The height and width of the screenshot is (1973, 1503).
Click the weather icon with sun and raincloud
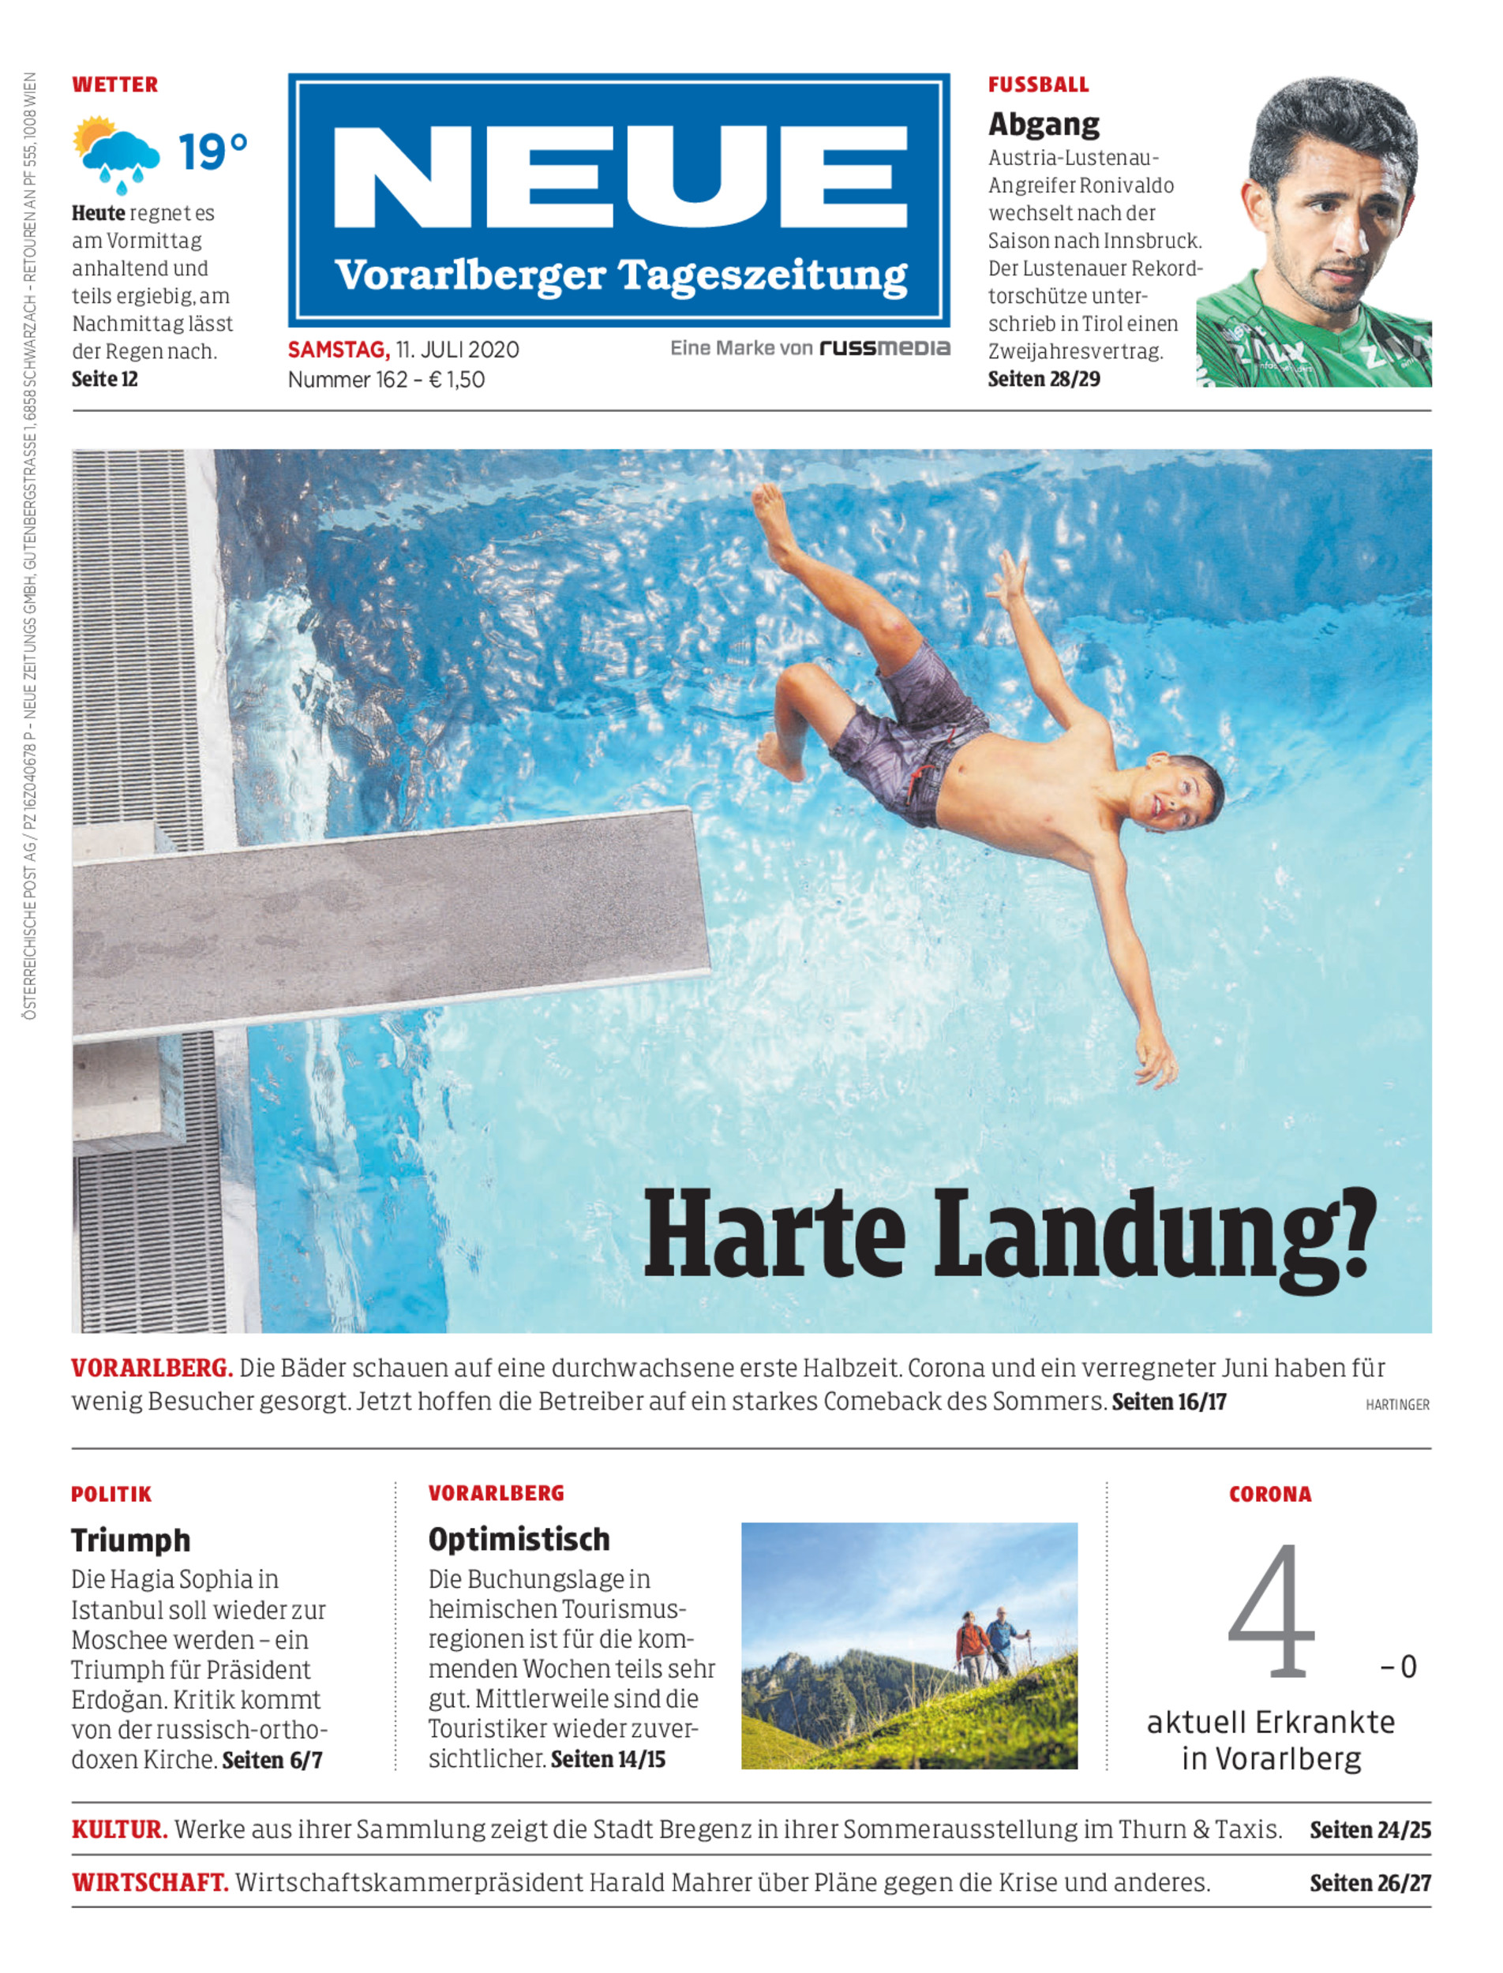point(116,154)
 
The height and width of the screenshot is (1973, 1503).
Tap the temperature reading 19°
point(212,152)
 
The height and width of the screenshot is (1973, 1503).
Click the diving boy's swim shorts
point(908,733)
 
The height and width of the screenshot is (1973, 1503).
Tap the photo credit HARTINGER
point(1396,1405)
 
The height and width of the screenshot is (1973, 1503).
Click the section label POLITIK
point(112,1494)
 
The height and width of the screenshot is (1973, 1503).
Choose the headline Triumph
point(130,1540)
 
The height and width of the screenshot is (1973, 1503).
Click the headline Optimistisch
point(519,1539)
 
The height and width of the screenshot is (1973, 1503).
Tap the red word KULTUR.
point(119,1829)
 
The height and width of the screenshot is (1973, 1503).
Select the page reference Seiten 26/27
point(1370,1883)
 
